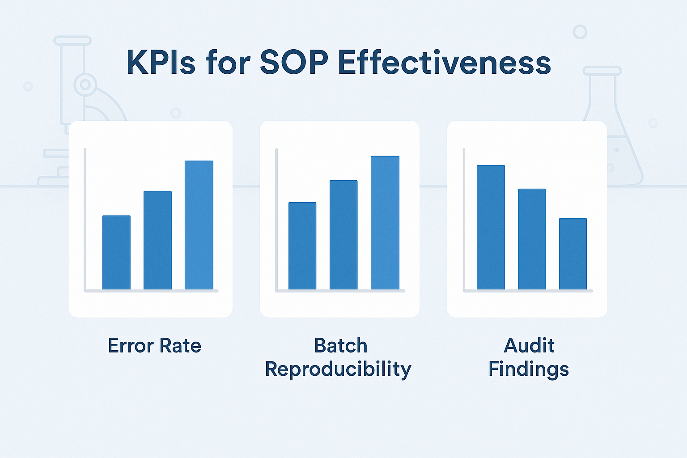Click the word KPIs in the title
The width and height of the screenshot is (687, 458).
click(x=161, y=63)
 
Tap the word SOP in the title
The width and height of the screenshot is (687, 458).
click(x=294, y=63)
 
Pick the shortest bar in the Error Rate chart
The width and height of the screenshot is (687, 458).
click(x=116, y=253)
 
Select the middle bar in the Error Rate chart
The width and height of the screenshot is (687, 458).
click(x=157, y=240)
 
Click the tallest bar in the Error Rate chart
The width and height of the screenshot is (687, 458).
click(x=199, y=225)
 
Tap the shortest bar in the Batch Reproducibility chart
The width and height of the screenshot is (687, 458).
click(x=302, y=246)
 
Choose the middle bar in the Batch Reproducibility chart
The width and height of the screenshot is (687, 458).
click(x=343, y=235)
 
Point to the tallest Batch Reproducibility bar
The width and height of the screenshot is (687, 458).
click(x=385, y=223)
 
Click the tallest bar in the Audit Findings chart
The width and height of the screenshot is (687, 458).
click(x=491, y=227)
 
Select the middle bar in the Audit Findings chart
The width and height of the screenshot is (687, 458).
click(x=532, y=239)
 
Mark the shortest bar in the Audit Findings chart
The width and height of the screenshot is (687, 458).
click(x=573, y=254)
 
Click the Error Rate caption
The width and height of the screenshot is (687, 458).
click(x=154, y=346)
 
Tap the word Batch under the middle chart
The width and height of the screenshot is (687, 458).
click(x=340, y=346)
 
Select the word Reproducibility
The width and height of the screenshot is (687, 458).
click(x=338, y=369)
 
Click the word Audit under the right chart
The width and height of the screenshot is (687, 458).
click(x=529, y=346)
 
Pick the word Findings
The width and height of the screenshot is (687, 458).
click(x=528, y=369)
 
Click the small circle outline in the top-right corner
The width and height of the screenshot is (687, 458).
click(x=580, y=32)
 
